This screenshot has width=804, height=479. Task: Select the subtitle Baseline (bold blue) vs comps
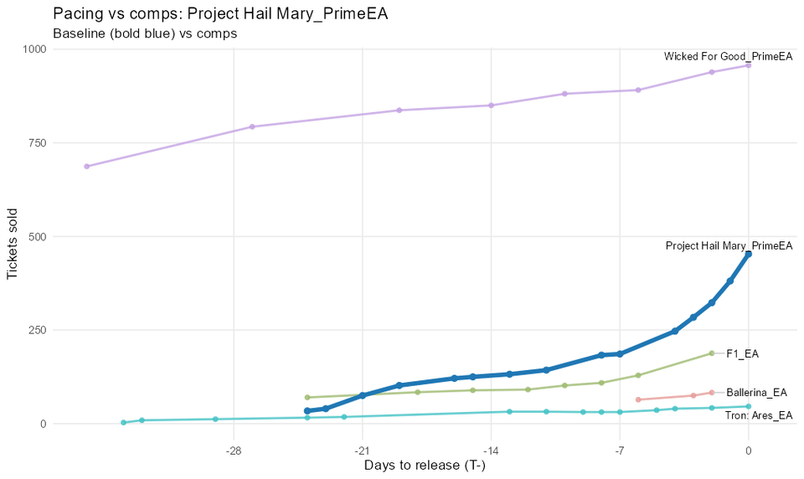pos(145,33)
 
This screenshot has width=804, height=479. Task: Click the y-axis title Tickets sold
pos(13,237)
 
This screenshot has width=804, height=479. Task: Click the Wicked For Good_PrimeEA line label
pos(728,57)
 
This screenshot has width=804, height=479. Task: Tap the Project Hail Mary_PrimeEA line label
pos(729,246)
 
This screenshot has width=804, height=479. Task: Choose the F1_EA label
pos(742,354)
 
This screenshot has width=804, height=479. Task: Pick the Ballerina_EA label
pos(756,393)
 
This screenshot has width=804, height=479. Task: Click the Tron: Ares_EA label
pos(758,415)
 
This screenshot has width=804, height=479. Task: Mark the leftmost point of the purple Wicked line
pos(86,166)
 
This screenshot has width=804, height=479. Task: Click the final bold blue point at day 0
pos(749,254)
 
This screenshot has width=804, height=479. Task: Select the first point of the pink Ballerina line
pos(638,399)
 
